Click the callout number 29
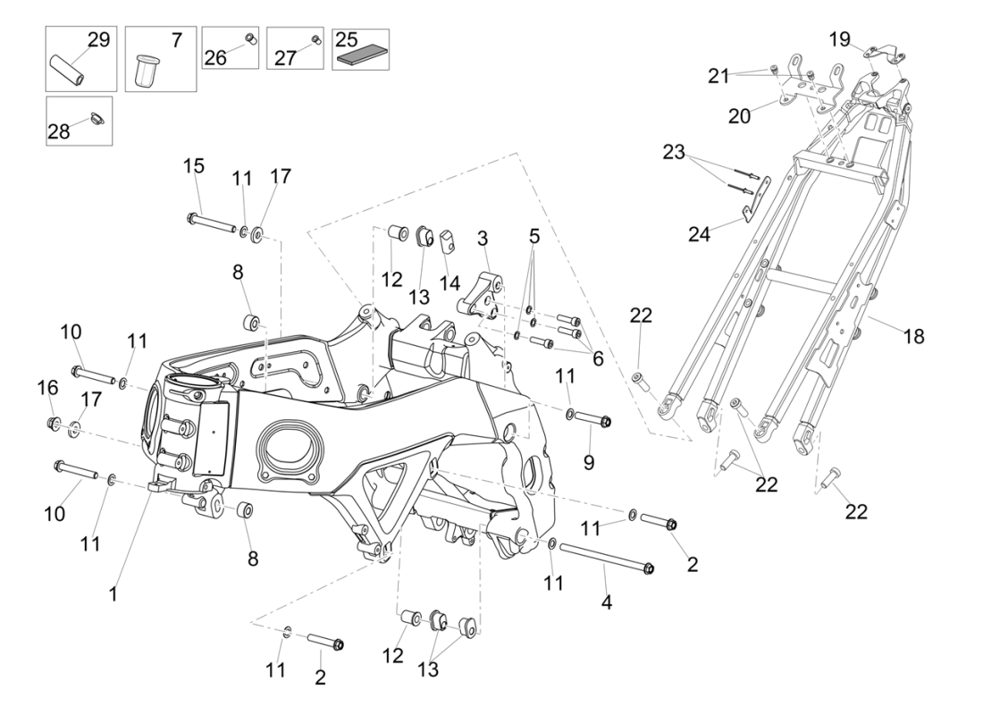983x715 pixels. tap(97, 39)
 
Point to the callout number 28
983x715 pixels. tap(58, 132)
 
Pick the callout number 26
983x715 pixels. tap(215, 57)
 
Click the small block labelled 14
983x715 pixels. tap(448, 242)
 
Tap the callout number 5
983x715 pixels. tap(534, 236)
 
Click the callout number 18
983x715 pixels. tap(913, 336)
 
